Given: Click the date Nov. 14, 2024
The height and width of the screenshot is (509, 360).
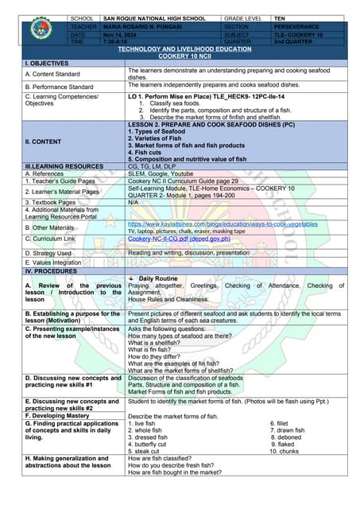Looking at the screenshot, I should tap(120, 35).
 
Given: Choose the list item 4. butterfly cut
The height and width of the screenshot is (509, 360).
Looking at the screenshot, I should tap(152, 444).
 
